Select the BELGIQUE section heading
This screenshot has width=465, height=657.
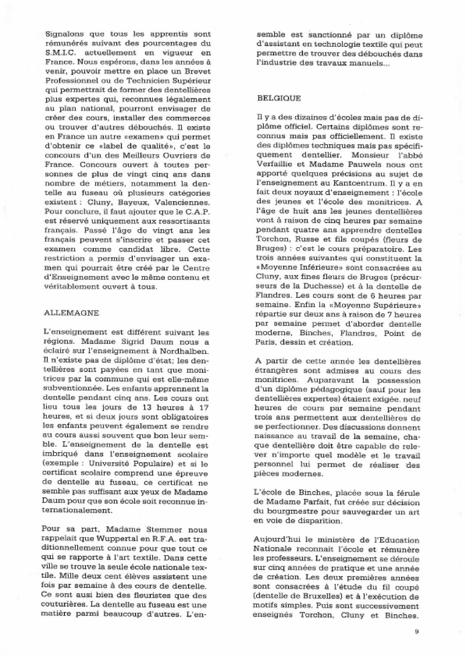pyautogui.click(x=279, y=98)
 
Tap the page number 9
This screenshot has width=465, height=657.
pyautogui.click(x=416, y=632)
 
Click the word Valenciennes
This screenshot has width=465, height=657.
pyautogui.click(x=187, y=202)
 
